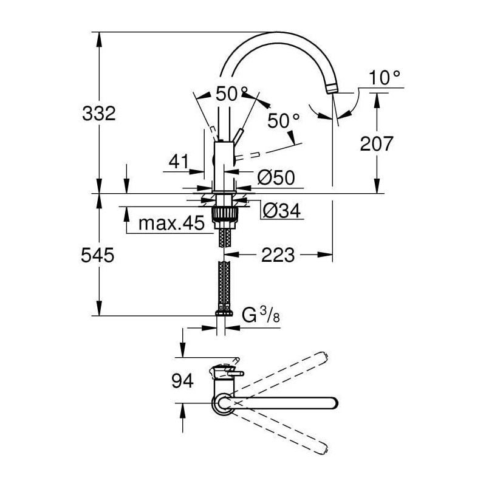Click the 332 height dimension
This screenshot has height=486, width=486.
click(x=99, y=114)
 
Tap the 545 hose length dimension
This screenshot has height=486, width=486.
click(x=98, y=255)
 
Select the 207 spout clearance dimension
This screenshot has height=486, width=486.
click(x=376, y=143)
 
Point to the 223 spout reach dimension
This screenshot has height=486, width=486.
click(x=278, y=255)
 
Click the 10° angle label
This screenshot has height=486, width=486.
click(x=384, y=78)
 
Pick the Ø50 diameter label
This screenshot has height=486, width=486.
click(x=276, y=177)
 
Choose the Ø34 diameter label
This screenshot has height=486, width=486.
click(x=282, y=211)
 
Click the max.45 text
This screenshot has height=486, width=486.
click(x=171, y=223)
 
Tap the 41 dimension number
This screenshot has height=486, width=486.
click(x=179, y=161)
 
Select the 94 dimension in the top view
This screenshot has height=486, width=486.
click(x=183, y=381)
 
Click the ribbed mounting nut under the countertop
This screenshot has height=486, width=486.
click(x=224, y=213)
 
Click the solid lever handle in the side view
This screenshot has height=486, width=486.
click(x=238, y=137)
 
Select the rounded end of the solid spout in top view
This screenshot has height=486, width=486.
click(x=334, y=403)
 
